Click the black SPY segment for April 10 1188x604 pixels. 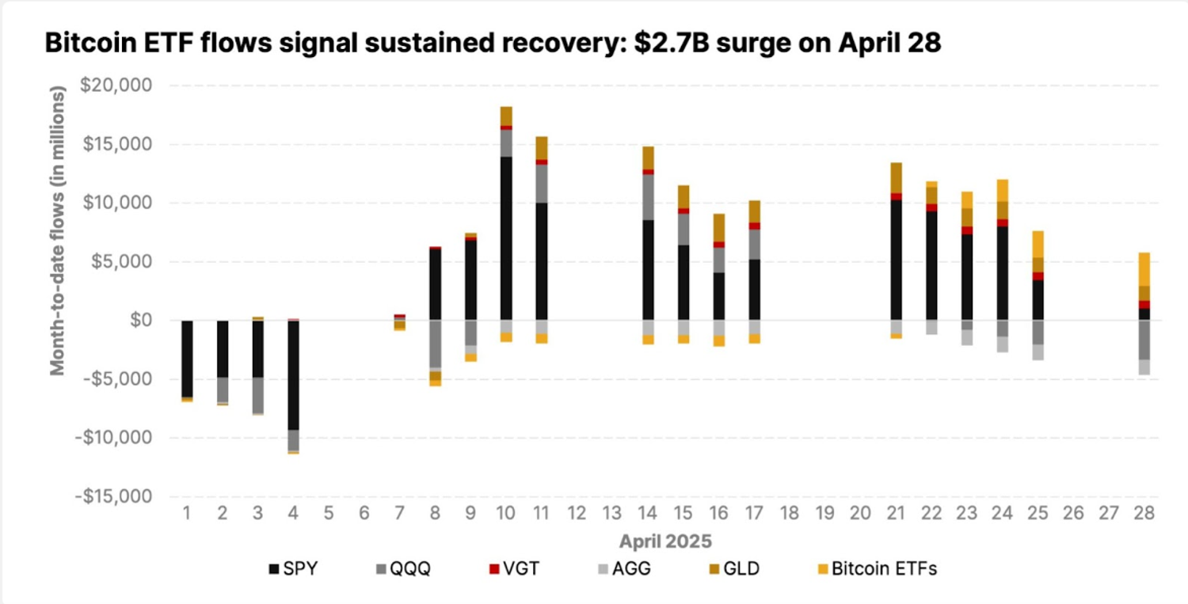point(506,237)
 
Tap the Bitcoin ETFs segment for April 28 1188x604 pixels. point(1144,269)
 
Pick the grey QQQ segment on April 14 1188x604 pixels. point(649,196)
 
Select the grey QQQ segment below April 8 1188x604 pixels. point(435,344)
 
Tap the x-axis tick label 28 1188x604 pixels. point(1144,513)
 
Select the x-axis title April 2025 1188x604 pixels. point(665,542)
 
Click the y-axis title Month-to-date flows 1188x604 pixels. point(58,230)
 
